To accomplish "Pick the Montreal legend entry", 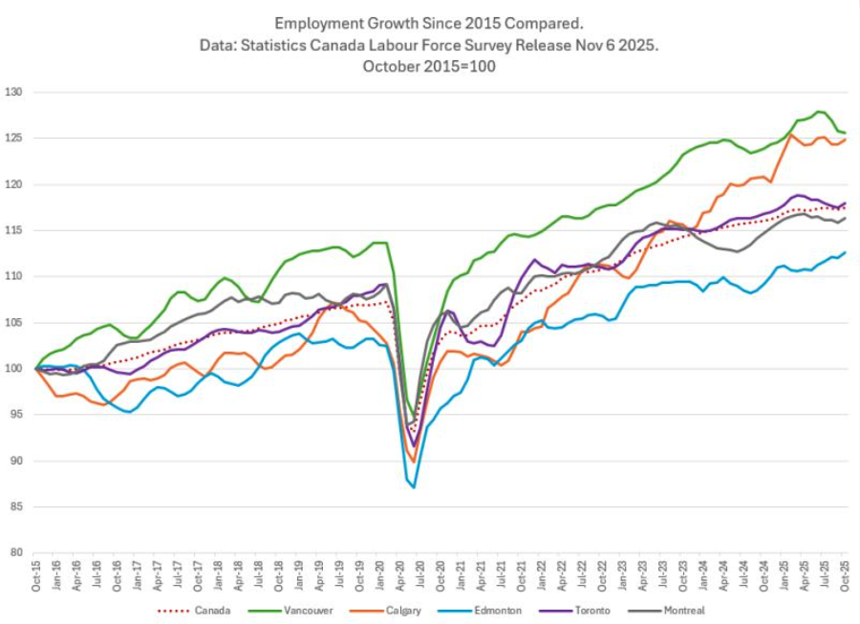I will (x=683, y=611).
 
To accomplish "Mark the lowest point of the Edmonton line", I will (x=414, y=487).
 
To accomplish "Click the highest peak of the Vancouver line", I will (x=820, y=112).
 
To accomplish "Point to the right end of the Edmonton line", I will (x=846, y=252).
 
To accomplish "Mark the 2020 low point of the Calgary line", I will (x=414, y=462).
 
